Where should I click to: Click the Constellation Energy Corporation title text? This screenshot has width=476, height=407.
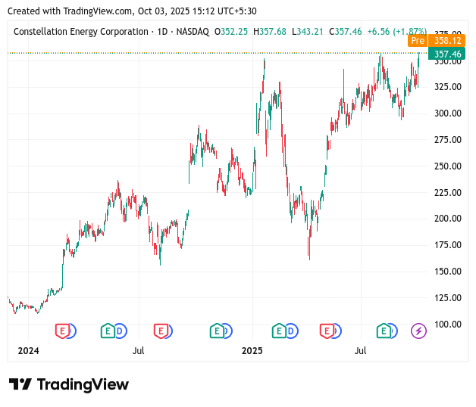click(81, 32)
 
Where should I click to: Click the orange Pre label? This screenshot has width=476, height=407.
click(417, 41)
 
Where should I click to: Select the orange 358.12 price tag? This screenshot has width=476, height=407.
click(447, 41)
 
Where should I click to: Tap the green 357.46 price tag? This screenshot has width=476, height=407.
click(447, 54)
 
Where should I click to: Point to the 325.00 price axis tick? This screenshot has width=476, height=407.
click(447, 87)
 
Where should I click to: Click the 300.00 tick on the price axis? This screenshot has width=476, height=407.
click(447, 113)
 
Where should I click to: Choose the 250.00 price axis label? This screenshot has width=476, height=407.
click(447, 166)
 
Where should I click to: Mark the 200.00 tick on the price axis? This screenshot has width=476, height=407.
click(447, 219)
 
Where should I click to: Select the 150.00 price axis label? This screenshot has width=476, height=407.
click(447, 272)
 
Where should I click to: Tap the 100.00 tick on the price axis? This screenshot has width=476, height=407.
click(447, 325)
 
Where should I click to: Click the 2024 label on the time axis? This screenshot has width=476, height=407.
click(28, 351)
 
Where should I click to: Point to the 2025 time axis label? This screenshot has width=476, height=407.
click(252, 351)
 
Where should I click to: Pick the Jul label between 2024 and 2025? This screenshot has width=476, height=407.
click(138, 351)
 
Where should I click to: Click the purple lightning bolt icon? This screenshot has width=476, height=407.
click(418, 331)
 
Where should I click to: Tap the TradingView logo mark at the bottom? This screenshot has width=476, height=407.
click(20, 384)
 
